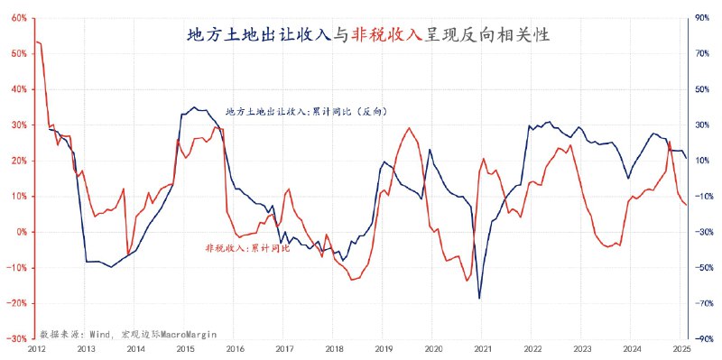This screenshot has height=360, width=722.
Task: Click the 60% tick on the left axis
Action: (18, 18)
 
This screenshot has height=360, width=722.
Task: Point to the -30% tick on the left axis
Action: (16, 338)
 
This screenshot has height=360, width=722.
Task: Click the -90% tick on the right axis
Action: (700, 338)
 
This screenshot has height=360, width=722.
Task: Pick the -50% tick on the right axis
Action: (700, 267)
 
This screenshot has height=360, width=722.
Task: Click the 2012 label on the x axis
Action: (36, 348)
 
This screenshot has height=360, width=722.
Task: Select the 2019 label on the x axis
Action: (384, 348)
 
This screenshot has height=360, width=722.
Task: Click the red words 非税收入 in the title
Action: (387, 35)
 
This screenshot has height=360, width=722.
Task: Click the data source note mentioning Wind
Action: (127, 333)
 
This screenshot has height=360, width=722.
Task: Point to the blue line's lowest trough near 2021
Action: (479, 298)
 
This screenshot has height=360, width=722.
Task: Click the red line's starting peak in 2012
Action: (37, 42)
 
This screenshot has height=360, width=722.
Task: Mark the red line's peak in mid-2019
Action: (410, 128)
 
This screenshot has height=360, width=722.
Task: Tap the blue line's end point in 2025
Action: (686, 158)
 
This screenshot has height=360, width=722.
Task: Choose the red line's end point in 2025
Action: (686, 205)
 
